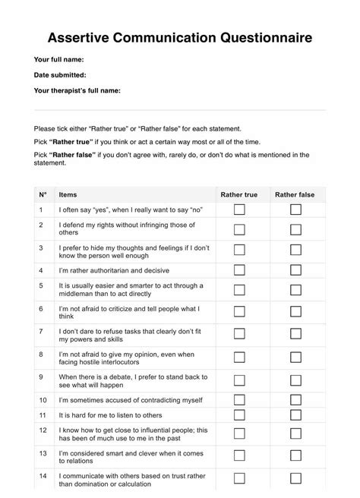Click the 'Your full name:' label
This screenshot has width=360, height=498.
(x=58, y=58)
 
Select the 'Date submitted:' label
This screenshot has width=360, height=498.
(x=60, y=74)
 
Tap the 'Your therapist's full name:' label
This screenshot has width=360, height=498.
(x=78, y=90)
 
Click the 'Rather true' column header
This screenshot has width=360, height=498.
(x=239, y=195)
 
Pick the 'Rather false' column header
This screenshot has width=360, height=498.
(x=295, y=195)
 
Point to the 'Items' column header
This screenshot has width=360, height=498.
(x=68, y=195)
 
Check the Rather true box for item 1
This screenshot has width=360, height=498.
(x=239, y=209)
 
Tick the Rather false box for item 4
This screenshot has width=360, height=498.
(x=295, y=269)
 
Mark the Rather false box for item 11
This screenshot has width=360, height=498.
(x=295, y=415)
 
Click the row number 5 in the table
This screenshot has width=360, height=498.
(x=41, y=285)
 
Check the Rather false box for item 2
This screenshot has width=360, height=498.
(x=295, y=229)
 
